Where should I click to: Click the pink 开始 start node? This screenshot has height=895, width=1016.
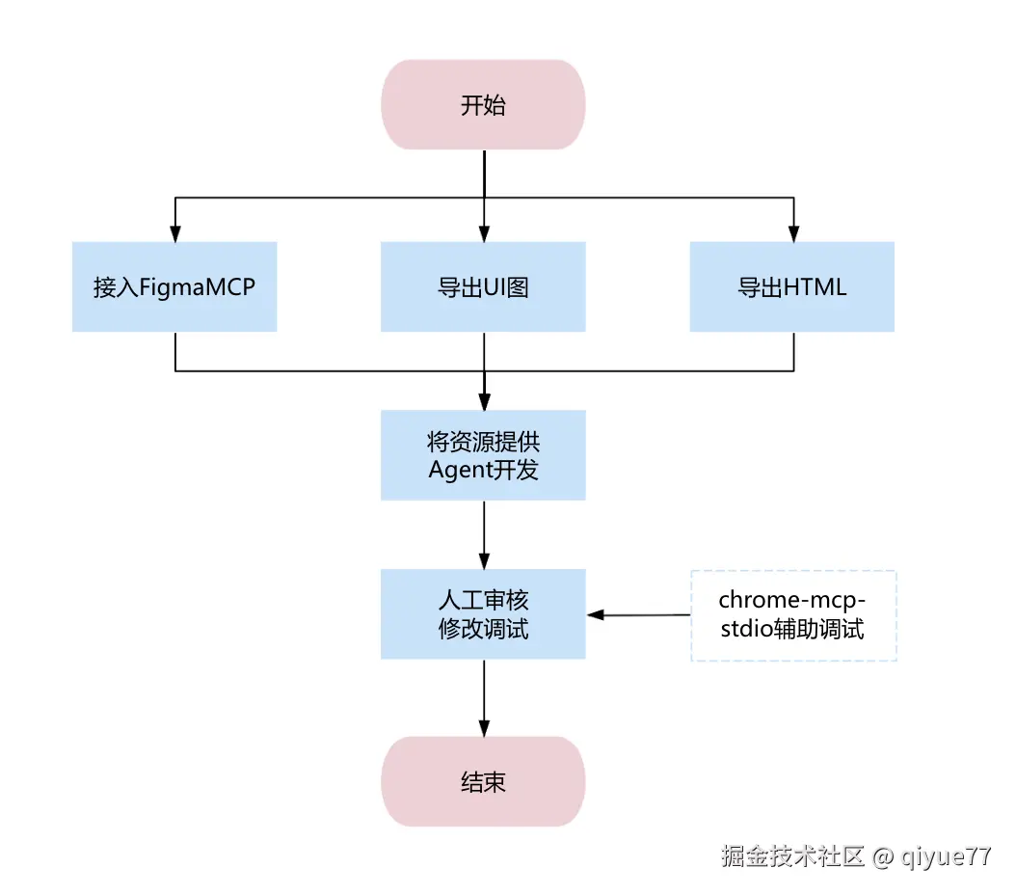pyautogui.click(x=483, y=105)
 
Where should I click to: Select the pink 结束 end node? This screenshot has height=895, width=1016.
pyautogui.click(x=483, y=781)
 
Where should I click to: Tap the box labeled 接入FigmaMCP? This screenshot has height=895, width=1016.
pyautogui.click(x=174, y=287)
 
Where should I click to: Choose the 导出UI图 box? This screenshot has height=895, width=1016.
pyautogui.click(x=483, y=287)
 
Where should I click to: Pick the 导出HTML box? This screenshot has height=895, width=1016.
pyautogui.click(x=792, y=287)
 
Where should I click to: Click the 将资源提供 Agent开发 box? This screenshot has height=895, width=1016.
pyautogui.click(x=483, y=455)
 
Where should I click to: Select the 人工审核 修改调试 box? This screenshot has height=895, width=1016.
pyautogui.click(x=483, y=614)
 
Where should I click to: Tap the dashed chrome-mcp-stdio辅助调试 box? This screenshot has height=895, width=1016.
pyautogui.click(x=793, y=615)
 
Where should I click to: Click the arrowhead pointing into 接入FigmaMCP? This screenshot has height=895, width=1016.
pyautogui.click(x=174, y=234)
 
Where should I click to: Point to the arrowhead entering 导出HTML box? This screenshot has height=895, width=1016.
pyautogui.click(x=793, y=234)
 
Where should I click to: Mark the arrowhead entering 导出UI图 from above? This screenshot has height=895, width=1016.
pyautogui.click(x=484, y=234)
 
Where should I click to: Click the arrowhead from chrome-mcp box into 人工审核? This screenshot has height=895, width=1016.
pyautogui.click(x=596, y=615)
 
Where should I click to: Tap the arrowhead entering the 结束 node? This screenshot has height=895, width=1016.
pyautogui.click(x=484, y=728)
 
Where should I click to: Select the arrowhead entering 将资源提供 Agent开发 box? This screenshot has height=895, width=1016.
pyautogui.click(x=484, y=402)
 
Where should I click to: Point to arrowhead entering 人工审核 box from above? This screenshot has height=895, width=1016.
pyautogui.click(x=484, y=561)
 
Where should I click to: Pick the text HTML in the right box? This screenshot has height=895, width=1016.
pyautogui.click(x=815, y=287)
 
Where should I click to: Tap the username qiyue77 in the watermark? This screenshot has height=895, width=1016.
pyautogui.click(x=946, y=856)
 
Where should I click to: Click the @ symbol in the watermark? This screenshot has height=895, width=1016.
pyautogui.click(x=883, y=857)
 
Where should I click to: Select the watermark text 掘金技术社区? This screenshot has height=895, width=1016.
pyautogui.click(x=793, y=856)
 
